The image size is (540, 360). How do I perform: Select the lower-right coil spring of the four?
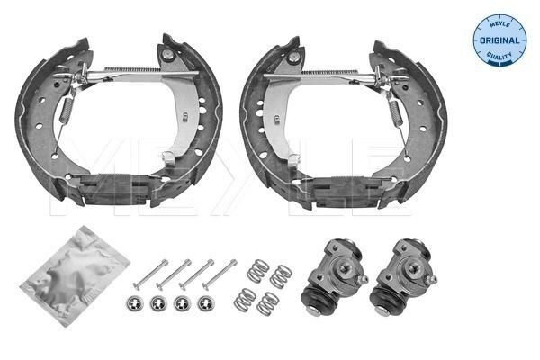[266, 304]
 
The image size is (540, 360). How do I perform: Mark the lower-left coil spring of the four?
[243, 295]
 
